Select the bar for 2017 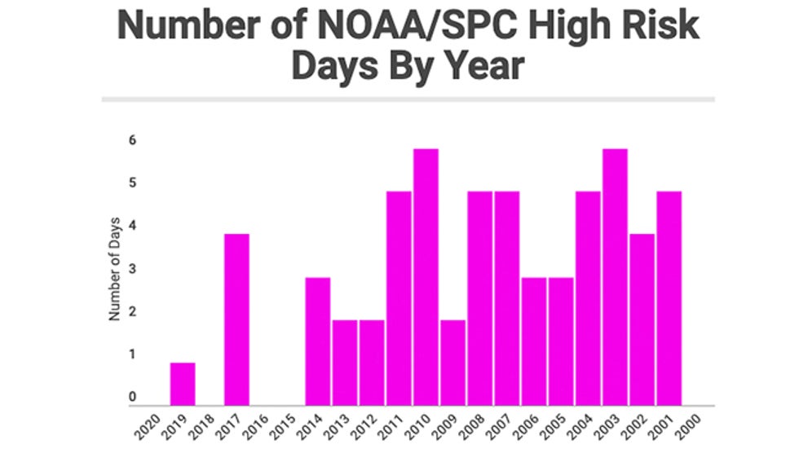click(x=236, y=319)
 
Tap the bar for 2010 click(x=426, y=277)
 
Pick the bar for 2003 click(x=615, y=277)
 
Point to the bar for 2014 click(x=318, y=341)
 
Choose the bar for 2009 click(x=452, y=363)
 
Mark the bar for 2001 click(x=669, y=298)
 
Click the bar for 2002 click(x=642, y=319)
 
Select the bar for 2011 click(x=399, y=298)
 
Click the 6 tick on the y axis click(x=132, y=140)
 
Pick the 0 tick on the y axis click(x=132, y=398)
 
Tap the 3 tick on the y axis click(x=132, y=269)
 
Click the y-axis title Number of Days click(x=115, y=268)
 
